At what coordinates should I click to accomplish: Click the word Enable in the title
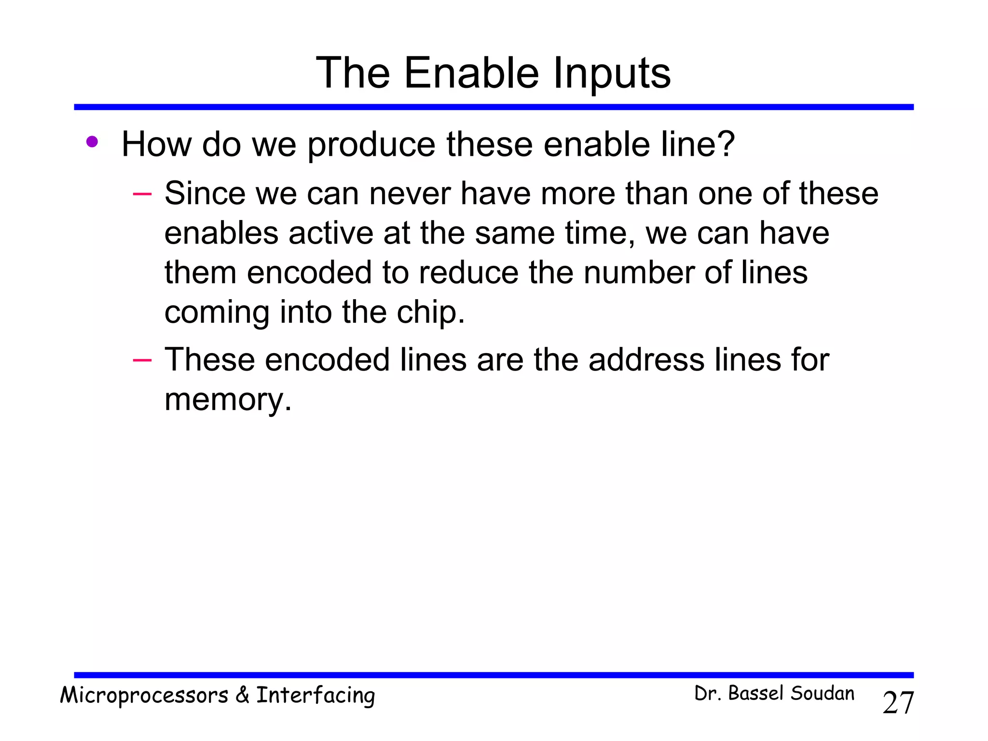click(x=471, y=73)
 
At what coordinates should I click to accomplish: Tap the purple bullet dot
click(x=92, y=142)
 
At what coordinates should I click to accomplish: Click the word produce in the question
click(x=371, y=145)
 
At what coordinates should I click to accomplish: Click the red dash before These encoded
click(x=142, y=360)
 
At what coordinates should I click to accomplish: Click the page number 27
click(x=898, y=703)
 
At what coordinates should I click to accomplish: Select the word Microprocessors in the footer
click(x=144, y=696)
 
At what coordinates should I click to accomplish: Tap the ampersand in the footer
click(x=242, y=696)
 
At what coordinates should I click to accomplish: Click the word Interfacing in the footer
click(x=316, y=696)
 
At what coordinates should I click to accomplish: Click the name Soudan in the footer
click(x=823, y=694)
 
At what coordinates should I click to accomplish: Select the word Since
click(x=205, y=194)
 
